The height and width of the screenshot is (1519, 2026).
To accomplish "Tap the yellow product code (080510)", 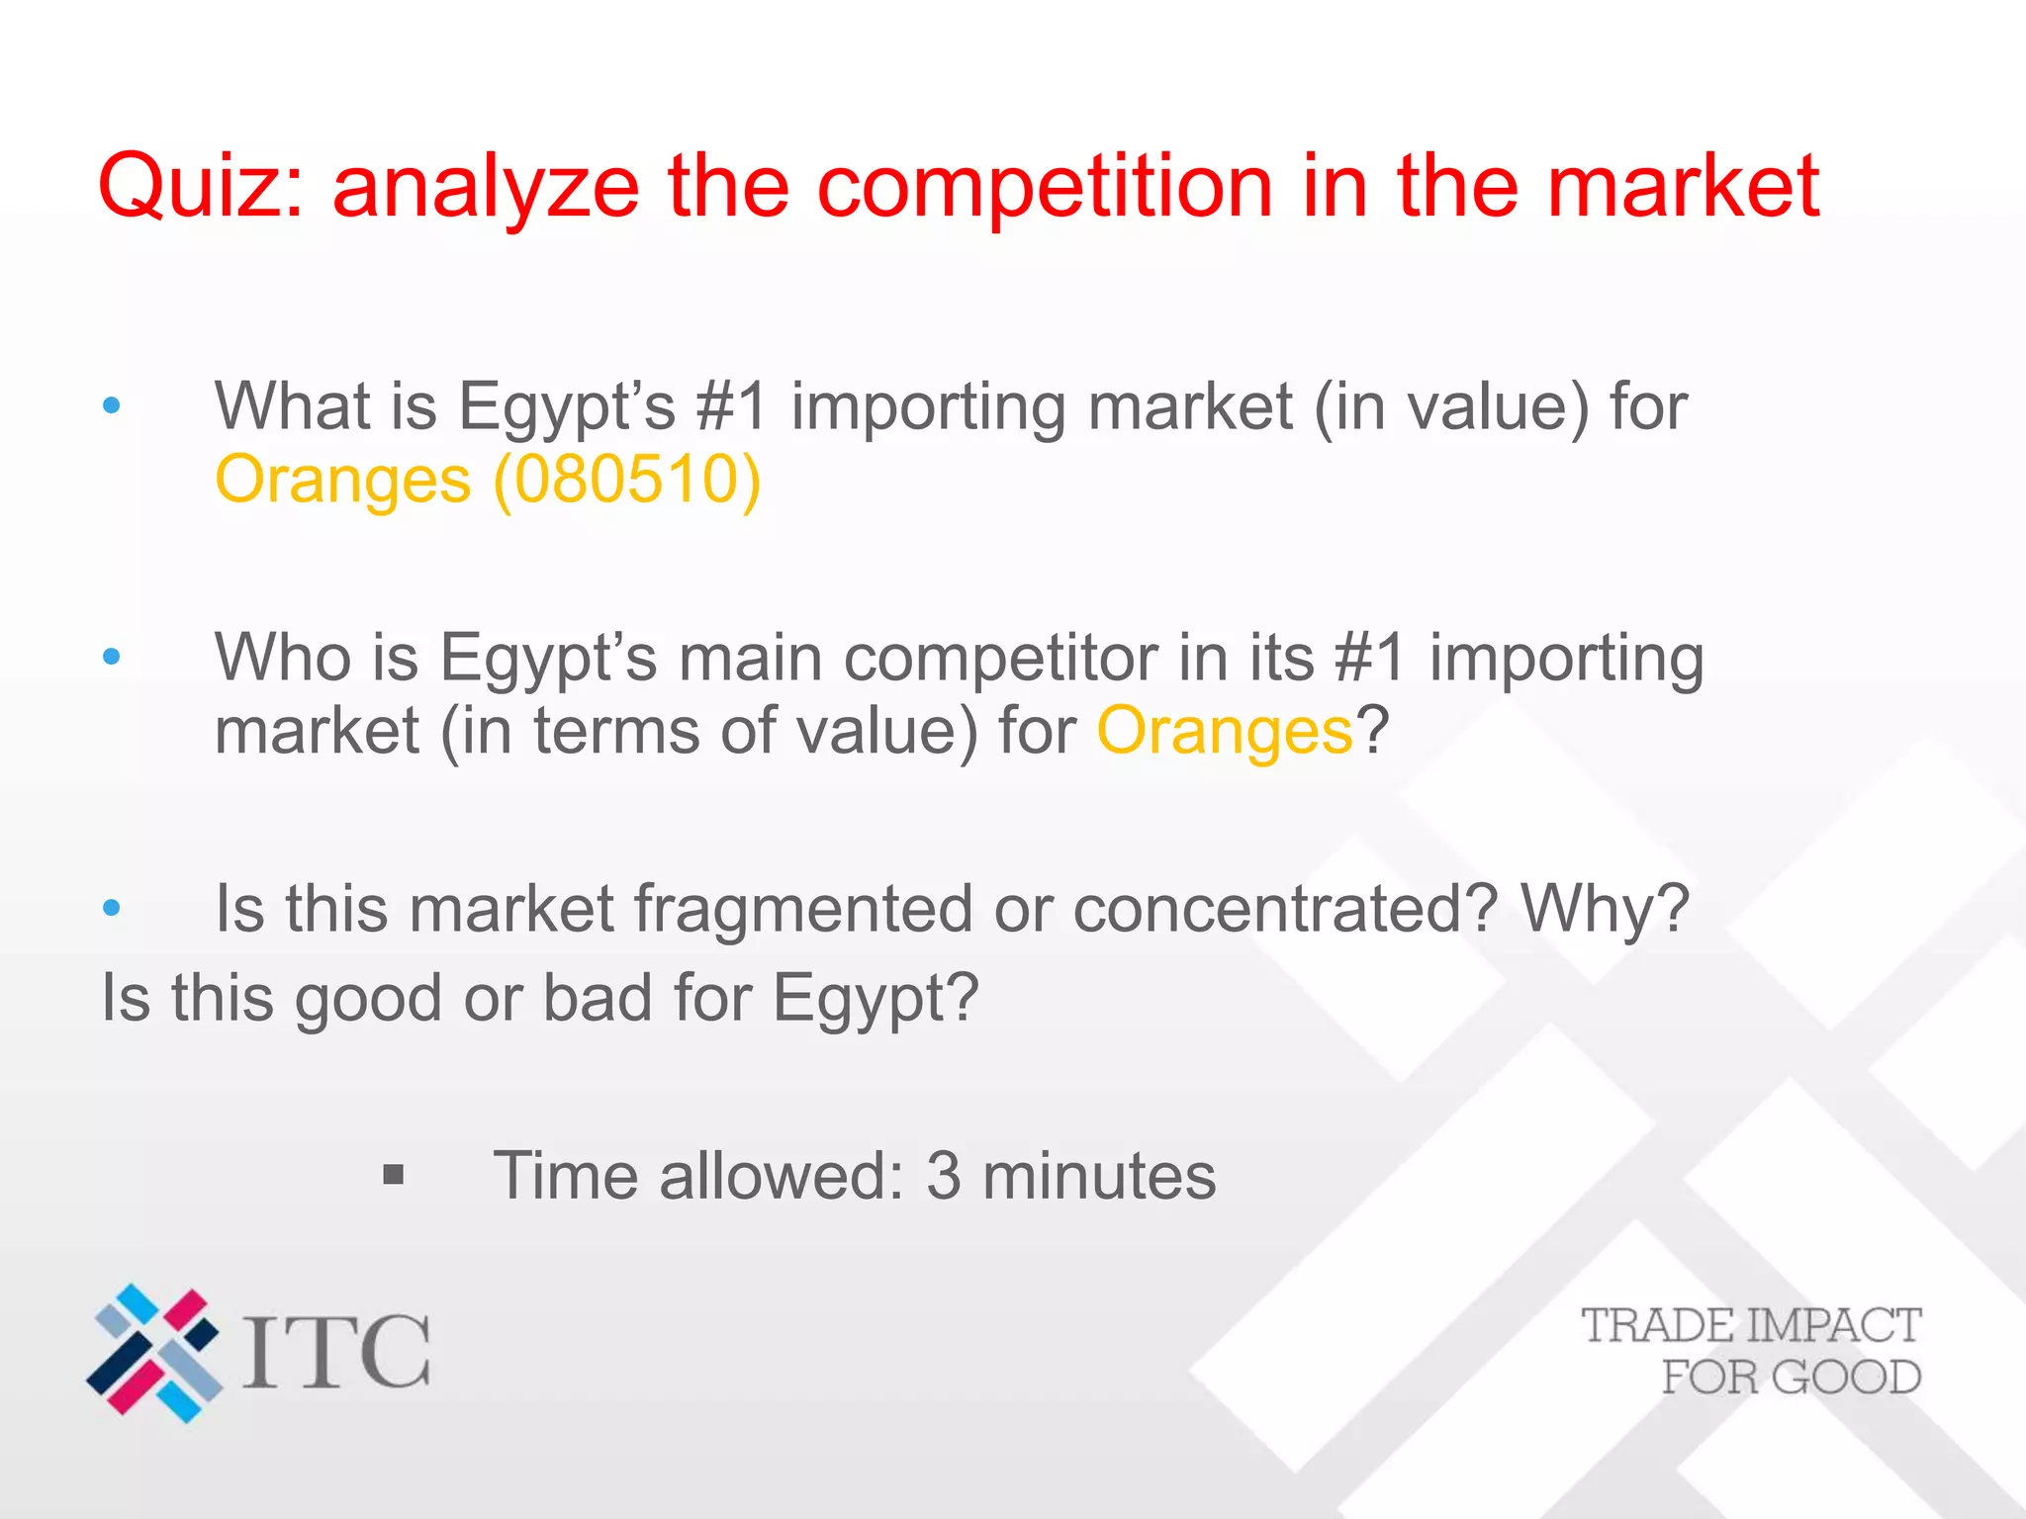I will (x=627, y=481).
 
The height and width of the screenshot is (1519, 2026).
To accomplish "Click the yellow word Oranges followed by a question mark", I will (x=1225, y=732).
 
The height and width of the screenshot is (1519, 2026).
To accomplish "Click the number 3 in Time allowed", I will (x=943, y=1176).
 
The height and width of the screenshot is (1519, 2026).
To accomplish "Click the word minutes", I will (x=1099, y=1176).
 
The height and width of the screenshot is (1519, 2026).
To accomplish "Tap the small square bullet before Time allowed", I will (x=394, y=1175).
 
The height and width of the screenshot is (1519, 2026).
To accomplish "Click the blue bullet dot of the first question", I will (x=112, y=405).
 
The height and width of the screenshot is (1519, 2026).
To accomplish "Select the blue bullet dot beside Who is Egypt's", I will (x=112, y=657).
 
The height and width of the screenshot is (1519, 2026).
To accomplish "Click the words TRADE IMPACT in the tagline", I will (x=1751, y=1326).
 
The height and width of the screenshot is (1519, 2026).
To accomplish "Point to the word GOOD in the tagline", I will (x=1846, y=1378).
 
